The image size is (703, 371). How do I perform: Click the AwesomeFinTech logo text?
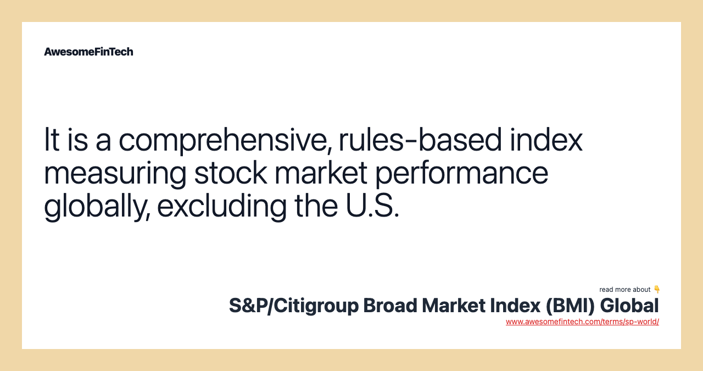pyautogui.click(x=88, y=52)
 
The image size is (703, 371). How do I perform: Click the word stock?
pyautogui.click(x=230, y=173)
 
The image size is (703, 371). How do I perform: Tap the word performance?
pyautogui.click(x=461, y=173)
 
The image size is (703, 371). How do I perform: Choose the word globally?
pyautogui.click(x=96, y=206)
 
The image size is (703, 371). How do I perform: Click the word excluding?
pyautogui.click(x=221, y=206)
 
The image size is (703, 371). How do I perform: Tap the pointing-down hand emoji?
pyautogui.click(x=657, y=289)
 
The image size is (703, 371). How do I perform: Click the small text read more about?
pyautogui.click(x=625, y=290)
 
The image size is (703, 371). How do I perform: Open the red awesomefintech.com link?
pyautogui.click(x=582, y=322)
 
